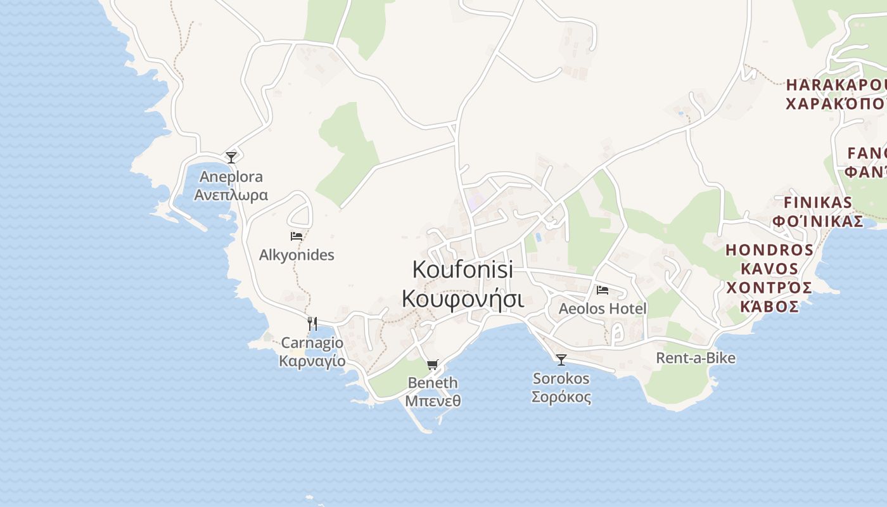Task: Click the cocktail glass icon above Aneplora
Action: point(231,157)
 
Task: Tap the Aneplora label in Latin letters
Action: point(231,177)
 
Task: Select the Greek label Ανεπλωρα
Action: point(231,195)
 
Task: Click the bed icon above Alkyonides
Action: point(297,236)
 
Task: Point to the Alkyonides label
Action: point(297,255)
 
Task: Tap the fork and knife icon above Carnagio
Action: point(312,324)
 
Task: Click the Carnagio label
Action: point(312,343)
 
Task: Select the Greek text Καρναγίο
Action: point(312,361)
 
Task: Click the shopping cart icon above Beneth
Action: point(433,364)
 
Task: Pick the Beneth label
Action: point(433,383)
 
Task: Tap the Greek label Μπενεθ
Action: point(433,401)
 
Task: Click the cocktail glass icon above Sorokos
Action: point(561,360)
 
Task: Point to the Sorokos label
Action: point(561,379)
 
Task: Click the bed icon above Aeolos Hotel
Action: point(603,290)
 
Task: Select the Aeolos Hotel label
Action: point(603,309)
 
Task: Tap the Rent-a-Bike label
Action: point(696,358)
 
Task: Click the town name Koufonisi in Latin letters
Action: point(463,269)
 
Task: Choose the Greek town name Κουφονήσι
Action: point(463,298)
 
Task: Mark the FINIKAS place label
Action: point(818,203)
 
